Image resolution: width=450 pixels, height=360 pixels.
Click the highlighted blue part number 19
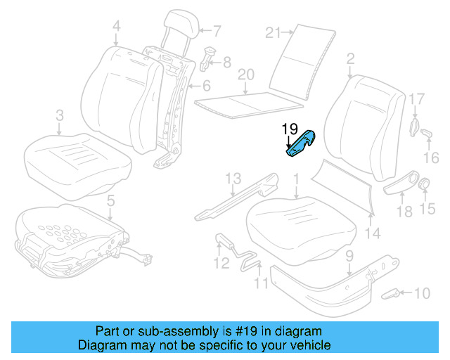[x=301, y=143]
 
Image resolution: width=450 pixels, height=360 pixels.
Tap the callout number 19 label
[x=290, y=129]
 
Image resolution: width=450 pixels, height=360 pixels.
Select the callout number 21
[x=274, y=32]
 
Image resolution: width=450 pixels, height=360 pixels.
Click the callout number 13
[x=233, y=178]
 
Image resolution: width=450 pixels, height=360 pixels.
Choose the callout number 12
[x=221, y=264]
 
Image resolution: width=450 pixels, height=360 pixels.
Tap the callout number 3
[x=60, y=115]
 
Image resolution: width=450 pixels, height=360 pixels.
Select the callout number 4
[x=116, y=27]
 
